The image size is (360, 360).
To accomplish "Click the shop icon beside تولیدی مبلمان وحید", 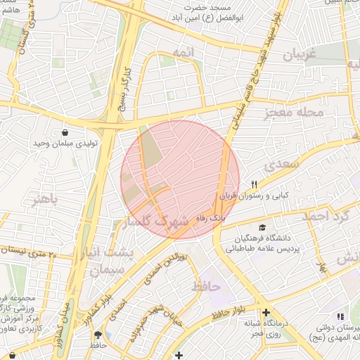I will tap(65, 131).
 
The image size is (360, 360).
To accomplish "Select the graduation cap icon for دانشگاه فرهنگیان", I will tap(262, 228).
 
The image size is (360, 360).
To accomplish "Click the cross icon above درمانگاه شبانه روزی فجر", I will tap(266, 313).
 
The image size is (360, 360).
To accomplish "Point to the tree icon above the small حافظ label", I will tap(98, 335).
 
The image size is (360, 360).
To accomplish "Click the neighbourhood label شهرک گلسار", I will tap(155, 221).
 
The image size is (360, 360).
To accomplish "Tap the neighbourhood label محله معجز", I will tap(294, 112).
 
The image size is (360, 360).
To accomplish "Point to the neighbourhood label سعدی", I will tap(283, 165).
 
